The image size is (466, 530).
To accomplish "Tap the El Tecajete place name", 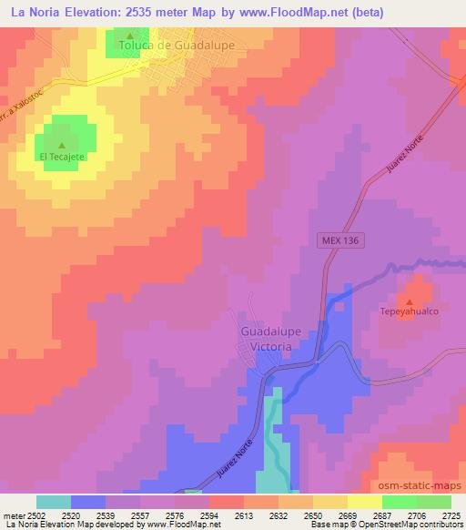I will [x=62, y=157].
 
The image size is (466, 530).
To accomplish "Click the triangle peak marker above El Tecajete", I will [x=62, y=145].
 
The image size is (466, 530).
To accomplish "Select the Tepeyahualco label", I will [x=409, y=311].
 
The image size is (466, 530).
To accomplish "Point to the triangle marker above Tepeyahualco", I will [x=409, y=301].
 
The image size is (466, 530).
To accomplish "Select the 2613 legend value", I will [x=244, y=515].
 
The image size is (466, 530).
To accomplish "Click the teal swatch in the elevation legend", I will [x=54, y=502].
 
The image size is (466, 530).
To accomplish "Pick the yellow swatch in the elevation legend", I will [x=365, y=502].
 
